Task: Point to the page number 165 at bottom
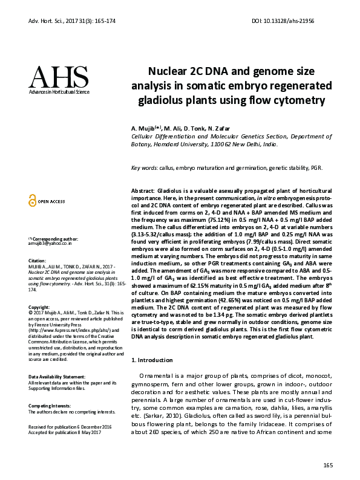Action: point(328,465)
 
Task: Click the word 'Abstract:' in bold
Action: point(143,190)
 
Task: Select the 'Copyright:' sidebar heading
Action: point(40,307)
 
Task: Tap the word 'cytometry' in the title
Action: point(295,100)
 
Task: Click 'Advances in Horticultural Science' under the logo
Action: point(59,92)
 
